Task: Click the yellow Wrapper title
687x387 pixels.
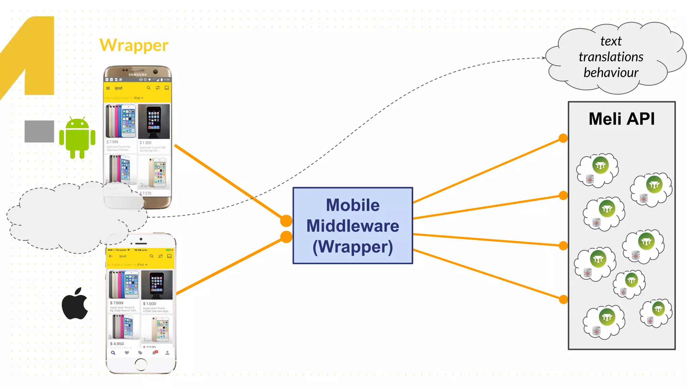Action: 134,45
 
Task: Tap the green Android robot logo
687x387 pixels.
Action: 77,138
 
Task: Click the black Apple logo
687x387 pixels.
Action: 75,304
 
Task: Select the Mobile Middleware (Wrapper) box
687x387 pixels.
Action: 353,225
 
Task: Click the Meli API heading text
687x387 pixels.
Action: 621,119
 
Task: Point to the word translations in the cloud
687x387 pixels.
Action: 611,57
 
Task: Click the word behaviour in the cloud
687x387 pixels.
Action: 611,73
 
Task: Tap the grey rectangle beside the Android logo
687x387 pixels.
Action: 39,131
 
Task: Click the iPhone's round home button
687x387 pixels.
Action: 141,364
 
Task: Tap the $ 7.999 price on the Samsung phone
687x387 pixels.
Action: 112,142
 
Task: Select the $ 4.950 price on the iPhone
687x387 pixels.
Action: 117,344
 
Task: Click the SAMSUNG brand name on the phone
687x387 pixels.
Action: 138,75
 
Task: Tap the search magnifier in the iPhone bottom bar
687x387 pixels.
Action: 113,353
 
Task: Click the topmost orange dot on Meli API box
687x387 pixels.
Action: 563,138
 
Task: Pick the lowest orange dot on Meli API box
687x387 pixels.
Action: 563,299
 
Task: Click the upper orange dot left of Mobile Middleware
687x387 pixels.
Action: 286,221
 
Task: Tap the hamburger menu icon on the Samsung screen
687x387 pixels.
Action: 108,88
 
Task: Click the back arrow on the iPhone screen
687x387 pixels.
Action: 111,256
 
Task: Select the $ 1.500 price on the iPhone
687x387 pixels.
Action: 149,303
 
